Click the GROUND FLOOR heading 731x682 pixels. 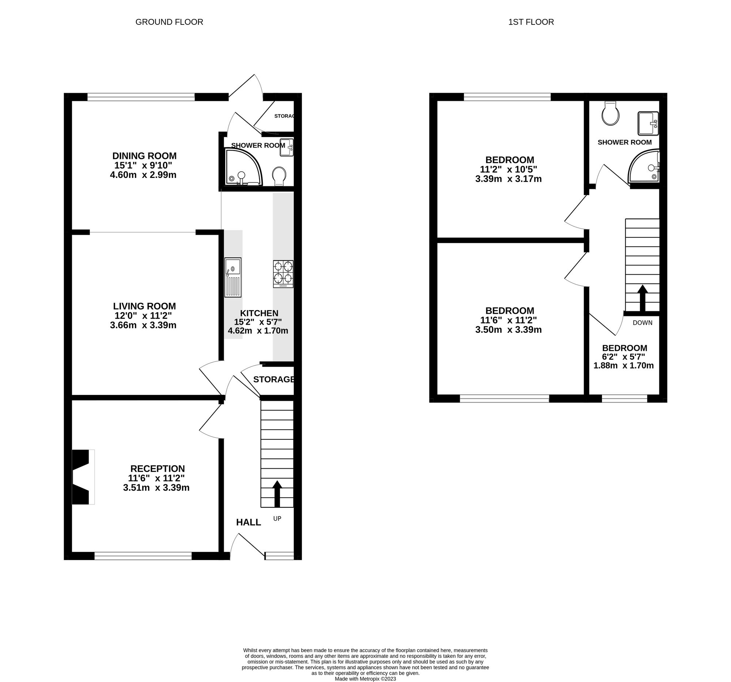click(x=169, y=22)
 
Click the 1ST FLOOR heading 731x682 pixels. click(x=531, y=22)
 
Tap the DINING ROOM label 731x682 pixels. click(x=144, y=156)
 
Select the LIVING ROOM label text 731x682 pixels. click(x=144, y=306)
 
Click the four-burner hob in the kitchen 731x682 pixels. click(x=283, y=274)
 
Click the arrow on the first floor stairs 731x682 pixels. click(x=643, y=298)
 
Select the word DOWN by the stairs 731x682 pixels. click(x=643, y=323)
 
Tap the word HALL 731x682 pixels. click(x=249, y=522)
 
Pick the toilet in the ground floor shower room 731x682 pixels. click(x=280, y=176)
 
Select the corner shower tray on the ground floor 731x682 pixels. click(x=243, y=167)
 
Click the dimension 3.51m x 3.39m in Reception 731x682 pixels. click(x=156, y=488)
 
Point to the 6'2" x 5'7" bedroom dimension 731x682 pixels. click(x=624, y=357)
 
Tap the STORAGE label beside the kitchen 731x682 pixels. click(x=273, y=379)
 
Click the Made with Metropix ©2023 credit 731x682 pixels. click(x=365, y=679)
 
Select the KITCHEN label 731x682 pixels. click(x=259, y=313)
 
